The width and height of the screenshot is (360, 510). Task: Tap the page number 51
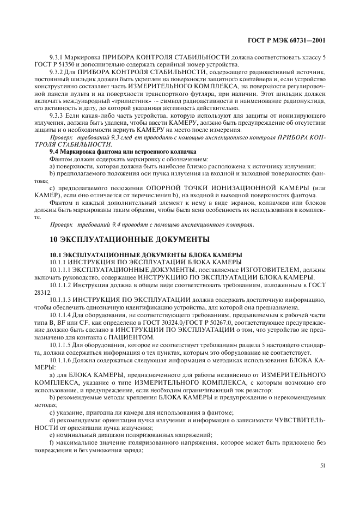coord(323,466)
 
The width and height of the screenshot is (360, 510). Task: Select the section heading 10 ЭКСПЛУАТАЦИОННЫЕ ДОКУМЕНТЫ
coord(129,240)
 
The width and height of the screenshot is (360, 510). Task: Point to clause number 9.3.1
coord(58,57)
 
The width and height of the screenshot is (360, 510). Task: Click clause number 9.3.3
coord(58,116)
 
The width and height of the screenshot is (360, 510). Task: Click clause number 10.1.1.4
coord(63,315)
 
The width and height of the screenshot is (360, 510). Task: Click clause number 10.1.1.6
coord(63,360)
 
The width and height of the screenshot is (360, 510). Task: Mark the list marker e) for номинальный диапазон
coord(52,435)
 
